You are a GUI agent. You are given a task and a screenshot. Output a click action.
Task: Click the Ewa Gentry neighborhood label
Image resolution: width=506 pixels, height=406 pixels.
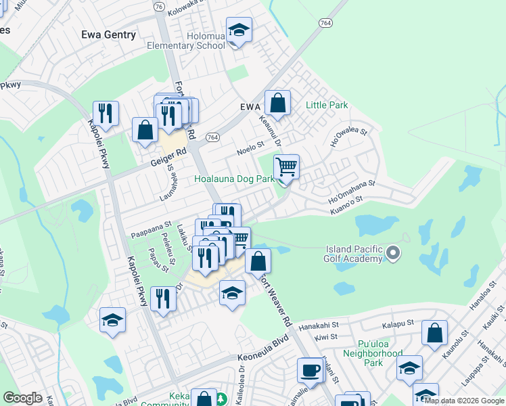(108, 35)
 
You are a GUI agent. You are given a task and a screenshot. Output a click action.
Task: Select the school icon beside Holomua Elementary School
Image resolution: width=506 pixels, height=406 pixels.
(239, 32)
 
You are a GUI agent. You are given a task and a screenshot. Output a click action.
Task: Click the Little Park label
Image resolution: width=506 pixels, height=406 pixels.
(327, 105)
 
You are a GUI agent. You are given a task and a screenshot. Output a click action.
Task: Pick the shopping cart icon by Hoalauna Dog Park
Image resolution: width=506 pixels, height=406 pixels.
(287, 166)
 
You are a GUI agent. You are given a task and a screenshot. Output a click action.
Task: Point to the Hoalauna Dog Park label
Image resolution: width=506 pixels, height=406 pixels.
(234, 179)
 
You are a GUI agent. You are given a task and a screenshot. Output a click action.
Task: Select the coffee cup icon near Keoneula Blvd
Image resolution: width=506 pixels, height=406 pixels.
(310, 371)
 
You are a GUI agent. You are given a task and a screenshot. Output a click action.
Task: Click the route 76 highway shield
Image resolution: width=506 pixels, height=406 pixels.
(159, 6)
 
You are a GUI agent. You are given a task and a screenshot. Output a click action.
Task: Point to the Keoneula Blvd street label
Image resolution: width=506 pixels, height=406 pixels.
(267, 357)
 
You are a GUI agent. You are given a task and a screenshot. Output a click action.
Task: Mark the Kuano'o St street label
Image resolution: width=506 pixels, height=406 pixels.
(346, 200)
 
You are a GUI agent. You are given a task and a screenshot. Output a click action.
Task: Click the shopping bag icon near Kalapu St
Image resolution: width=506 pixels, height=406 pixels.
(434, 334)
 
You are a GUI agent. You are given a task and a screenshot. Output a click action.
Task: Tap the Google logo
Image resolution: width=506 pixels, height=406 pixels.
(23, 398)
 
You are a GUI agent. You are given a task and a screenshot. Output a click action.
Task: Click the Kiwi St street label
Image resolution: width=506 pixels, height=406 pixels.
(326, 337)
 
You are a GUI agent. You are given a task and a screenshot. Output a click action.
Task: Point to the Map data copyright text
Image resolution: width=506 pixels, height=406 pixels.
(464, 401)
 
